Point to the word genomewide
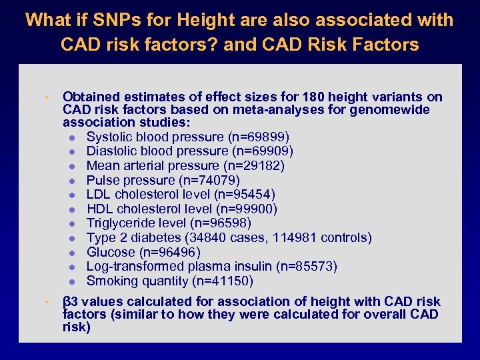tap(390, 110)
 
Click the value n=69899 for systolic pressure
tap(259, 137)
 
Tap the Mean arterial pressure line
tap(185, 165)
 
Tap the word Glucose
tap(111, 252)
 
